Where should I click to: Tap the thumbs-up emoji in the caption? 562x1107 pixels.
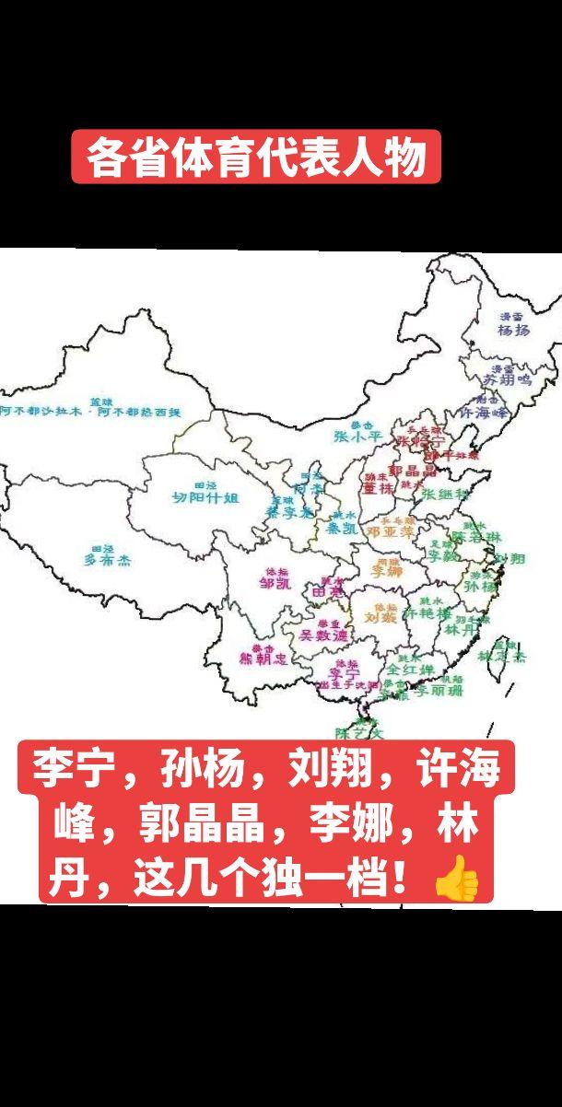(456, 881)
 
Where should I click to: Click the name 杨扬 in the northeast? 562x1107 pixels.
(513, 330)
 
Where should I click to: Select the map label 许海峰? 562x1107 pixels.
(484, 414)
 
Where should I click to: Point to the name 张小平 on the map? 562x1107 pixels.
(356, 437)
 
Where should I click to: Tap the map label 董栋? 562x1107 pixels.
(378, 488)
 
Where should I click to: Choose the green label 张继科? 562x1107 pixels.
(445, 495)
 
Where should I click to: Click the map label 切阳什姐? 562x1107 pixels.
(205, 497)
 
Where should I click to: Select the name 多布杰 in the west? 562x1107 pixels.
(108, 559)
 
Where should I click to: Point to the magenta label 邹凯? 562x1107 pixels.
(275, 583)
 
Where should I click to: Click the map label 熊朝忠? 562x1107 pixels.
(263, 658)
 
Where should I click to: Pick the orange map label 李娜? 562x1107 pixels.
(386, 571)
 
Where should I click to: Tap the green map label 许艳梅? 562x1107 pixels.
(428, 613)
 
